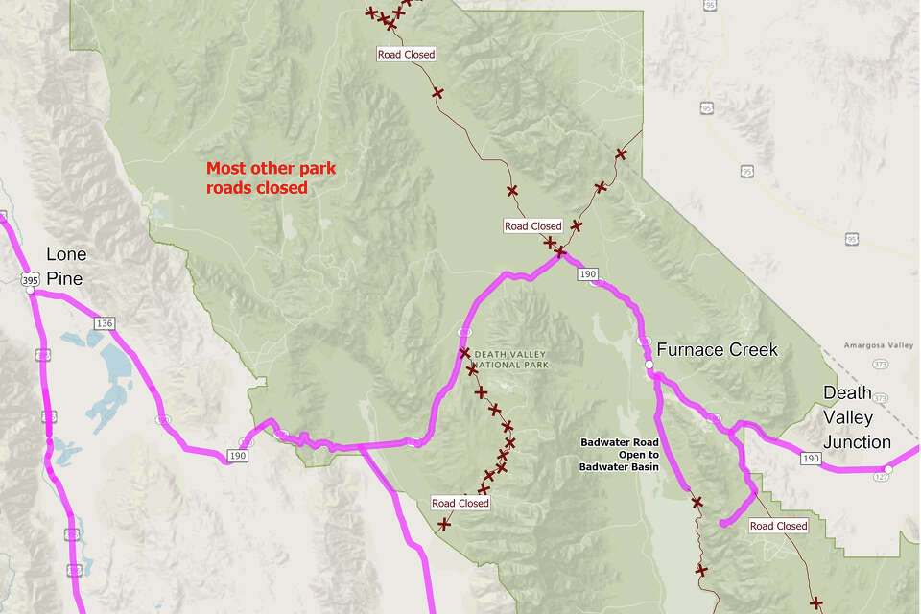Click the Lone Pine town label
66,266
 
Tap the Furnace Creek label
717,350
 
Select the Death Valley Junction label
857,417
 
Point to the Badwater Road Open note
619,455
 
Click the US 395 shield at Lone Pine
30,278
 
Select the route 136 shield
105,323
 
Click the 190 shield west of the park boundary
237,457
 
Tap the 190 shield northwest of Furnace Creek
588,274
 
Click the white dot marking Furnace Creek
649,366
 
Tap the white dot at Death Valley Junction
888,469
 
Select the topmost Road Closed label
406,55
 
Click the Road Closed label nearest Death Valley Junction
778,526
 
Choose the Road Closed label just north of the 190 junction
532,226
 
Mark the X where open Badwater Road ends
697,502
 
